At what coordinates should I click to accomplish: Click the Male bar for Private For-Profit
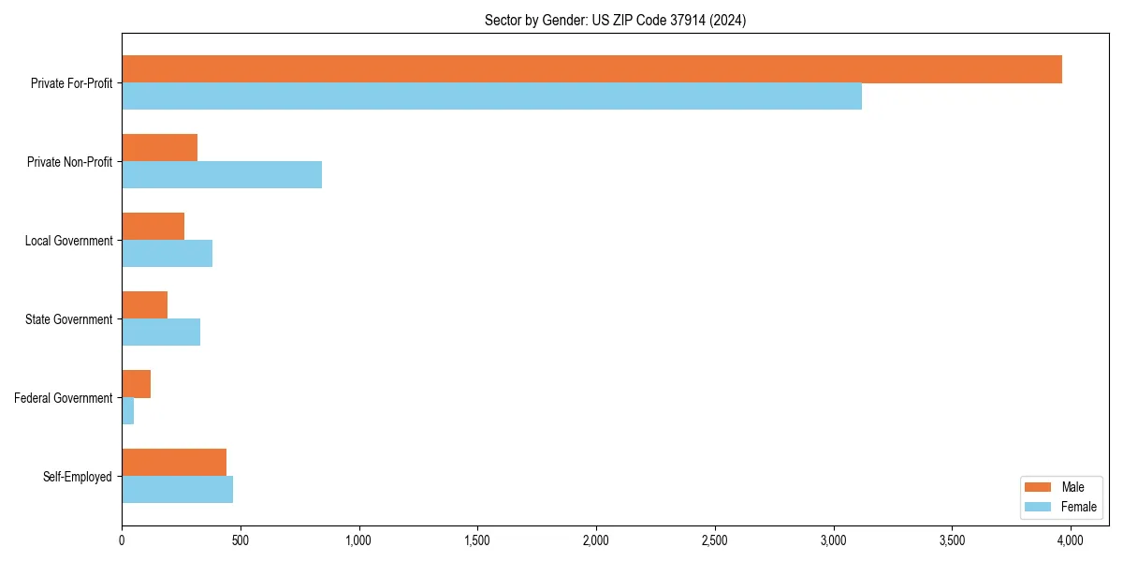[591, 69]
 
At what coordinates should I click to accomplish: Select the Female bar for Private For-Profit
[491, 96]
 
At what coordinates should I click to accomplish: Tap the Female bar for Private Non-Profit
[222, 175]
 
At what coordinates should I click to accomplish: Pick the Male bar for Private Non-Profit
[159, 148]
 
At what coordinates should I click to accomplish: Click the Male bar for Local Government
[153, 227]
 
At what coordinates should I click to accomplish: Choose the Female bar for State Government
[161, 333]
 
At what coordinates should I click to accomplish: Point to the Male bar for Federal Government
[136, 384]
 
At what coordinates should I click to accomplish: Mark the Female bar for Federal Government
[127, 411]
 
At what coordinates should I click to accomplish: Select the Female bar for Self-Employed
[177, 490]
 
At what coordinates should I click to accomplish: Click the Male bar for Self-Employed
[174, 463]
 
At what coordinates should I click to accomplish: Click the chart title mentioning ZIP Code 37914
[615, 20]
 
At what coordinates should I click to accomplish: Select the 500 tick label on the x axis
[240, 540]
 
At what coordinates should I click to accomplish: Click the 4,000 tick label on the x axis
[1070, 540]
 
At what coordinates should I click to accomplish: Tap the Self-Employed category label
[78, 477]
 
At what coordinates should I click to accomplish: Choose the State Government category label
[69, 319]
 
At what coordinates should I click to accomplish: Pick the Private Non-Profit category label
[69, 162]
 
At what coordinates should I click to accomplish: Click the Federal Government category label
[64, 398]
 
